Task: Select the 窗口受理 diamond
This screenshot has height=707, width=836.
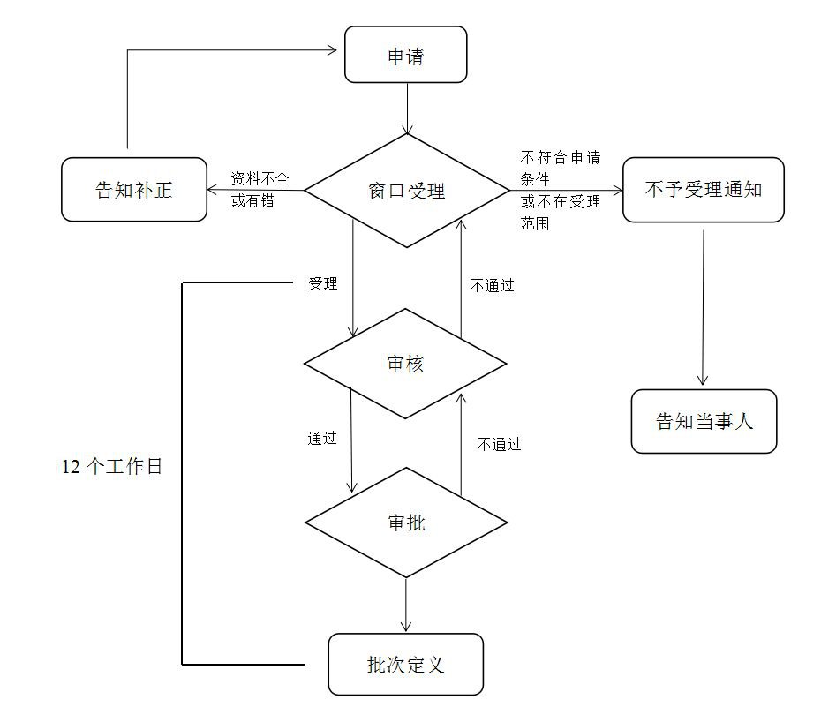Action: pos(406,191)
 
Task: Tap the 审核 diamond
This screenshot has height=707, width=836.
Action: pos(405,364)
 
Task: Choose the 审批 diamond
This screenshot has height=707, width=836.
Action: pos(406,523)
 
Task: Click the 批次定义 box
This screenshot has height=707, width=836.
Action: pos(405,664)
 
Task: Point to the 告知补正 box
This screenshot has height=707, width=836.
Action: pos(133,190)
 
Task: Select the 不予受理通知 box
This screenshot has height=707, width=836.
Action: pos(703,190)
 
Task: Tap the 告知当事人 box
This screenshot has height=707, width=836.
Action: pos(704,421)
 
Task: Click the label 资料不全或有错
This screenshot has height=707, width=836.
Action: pos(259,190)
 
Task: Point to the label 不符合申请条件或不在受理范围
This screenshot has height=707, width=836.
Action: pos(561,191)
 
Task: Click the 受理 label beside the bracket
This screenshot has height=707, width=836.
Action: pos(322,284)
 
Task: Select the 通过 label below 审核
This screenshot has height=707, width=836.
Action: pos(322,438)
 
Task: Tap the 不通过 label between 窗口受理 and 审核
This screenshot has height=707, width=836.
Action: pos(492,285)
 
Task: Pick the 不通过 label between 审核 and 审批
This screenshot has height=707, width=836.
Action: pos(499,444)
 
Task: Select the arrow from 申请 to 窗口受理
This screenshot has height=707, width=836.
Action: pos(407,108)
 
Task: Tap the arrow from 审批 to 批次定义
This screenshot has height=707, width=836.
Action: pos(406,605)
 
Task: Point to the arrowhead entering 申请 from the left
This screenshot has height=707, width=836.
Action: pos(334,49)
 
